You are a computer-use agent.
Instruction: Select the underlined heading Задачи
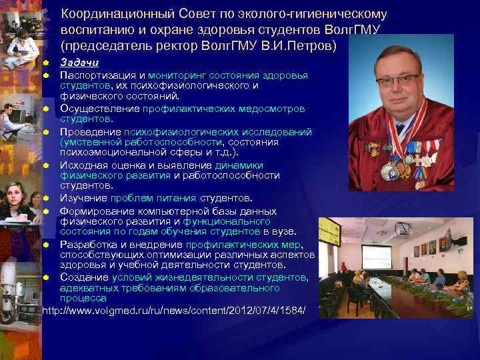point(79,63)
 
